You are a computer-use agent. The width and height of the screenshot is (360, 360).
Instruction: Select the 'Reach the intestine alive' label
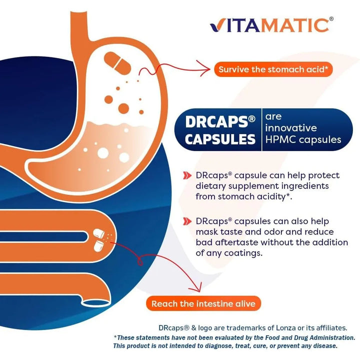203,303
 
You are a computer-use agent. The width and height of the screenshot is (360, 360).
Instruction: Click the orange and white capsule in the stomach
116,60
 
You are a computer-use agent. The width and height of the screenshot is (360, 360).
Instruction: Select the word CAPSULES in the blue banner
220,139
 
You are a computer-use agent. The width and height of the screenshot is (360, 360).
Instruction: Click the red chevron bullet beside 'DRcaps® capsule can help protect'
187,175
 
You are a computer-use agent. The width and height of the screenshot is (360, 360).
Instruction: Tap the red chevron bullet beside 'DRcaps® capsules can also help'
187,221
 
